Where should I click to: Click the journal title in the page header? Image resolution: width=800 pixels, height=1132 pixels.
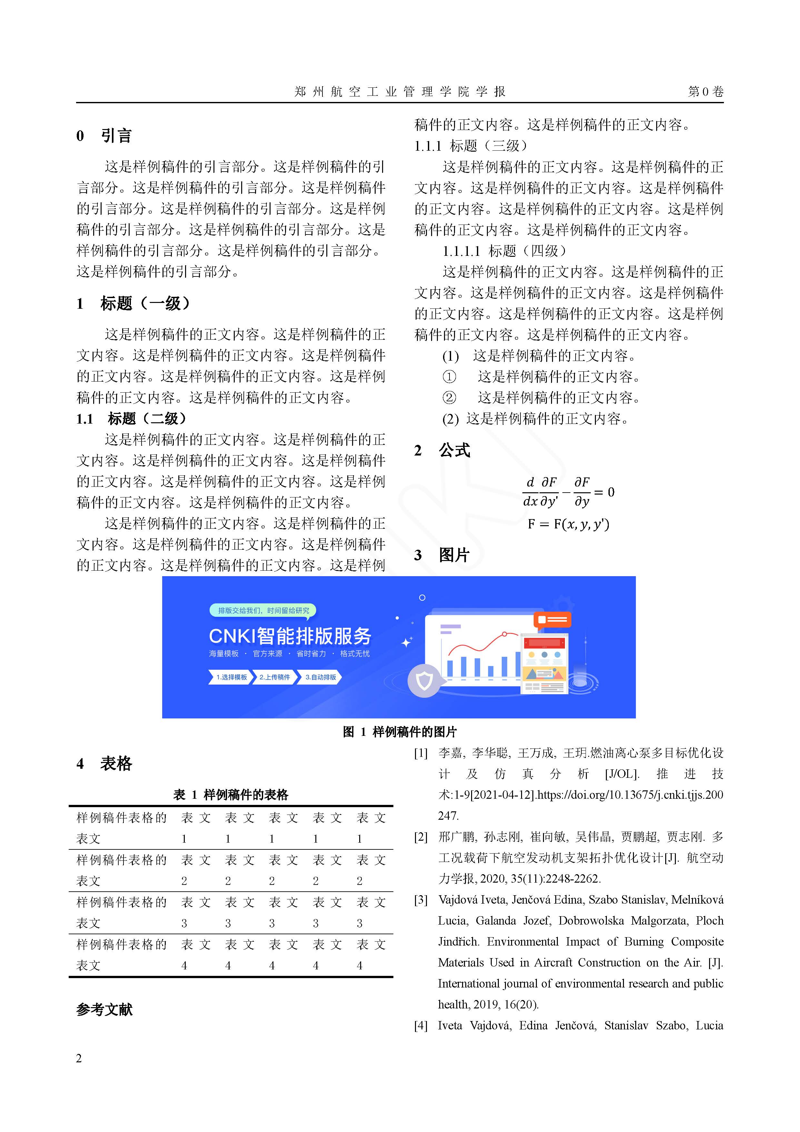(x=400, y=92)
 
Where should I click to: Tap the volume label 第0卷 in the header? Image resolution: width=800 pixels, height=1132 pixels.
(x=705, y=92)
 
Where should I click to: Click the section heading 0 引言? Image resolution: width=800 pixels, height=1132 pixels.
(x=104, y=135)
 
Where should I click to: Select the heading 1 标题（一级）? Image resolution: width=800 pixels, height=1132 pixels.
(x=133, y=303)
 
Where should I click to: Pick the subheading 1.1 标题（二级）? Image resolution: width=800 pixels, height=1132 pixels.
(x=131, y=419)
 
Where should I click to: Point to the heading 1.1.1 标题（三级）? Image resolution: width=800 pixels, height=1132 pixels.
(x=471, y=145)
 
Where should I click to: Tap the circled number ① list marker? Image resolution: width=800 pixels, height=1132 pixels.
(x=449, y=377)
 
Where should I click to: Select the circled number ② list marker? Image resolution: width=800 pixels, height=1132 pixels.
(x=449, y=398)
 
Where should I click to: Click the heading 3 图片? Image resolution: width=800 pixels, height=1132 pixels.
(x=442, y=555)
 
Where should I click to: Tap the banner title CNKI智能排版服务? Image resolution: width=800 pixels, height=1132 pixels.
(x=290, y=636)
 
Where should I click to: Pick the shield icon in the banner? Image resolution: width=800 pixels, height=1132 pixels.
(x=424, y=681)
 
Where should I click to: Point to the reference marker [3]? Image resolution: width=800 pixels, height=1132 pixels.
(x=420, y=900)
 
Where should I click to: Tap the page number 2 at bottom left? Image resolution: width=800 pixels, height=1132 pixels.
(x=79, y=1058)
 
